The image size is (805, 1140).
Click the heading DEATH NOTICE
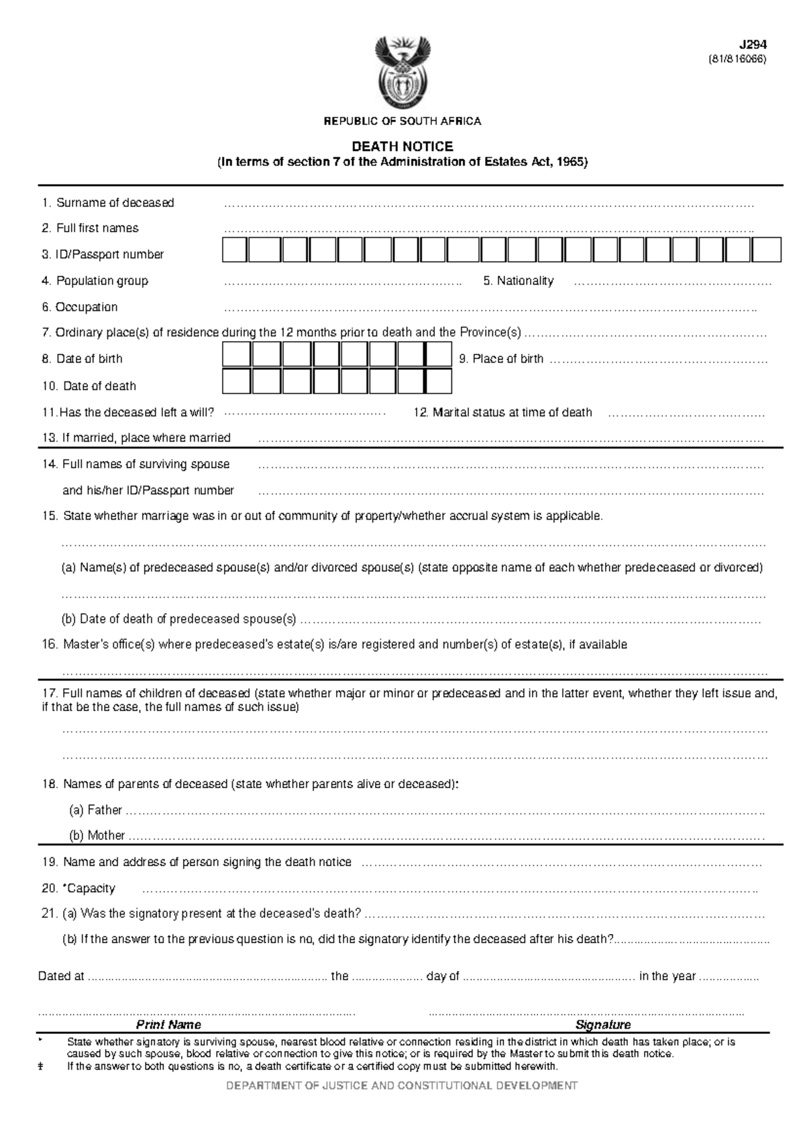click(402, 146)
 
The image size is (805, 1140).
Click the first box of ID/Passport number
click(234, 249)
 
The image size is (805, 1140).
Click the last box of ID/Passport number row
click(766, 249)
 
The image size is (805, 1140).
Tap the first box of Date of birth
click(236, 354)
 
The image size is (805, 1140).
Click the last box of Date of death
click(439, 381)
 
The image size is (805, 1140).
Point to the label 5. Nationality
click(518, 281)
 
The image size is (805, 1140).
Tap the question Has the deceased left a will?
click(127, 412)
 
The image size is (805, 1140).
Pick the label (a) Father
click(95, 810)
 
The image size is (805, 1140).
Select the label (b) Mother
click(97, 835)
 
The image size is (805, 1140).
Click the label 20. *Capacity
click(78, 888)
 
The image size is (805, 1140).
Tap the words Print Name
click(168, 1025)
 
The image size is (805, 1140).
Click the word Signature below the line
click(603, 1025)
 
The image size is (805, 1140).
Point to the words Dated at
click(61, 976)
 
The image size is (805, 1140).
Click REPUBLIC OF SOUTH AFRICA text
click(402, 122)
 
